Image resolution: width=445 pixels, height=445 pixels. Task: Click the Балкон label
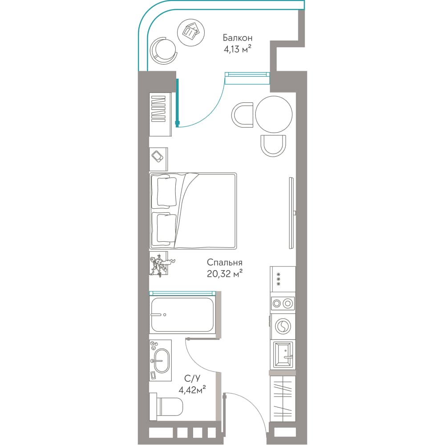(237, 38)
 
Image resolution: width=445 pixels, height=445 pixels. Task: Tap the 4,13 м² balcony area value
(238, 49)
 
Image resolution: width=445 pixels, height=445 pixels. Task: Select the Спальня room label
(224, 263)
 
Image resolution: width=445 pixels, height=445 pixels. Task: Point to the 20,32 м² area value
(224, 274)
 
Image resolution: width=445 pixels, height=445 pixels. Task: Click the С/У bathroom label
(192, 378)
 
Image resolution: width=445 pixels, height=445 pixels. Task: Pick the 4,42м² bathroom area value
(192, 390)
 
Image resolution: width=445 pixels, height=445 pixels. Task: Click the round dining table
(274, 114)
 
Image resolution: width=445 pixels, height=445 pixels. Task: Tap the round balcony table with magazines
(191, 32)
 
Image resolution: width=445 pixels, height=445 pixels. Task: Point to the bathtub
(182, 315)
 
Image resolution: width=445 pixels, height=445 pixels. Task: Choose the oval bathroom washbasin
(162, 361)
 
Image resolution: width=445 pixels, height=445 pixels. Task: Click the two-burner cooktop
(283, 303)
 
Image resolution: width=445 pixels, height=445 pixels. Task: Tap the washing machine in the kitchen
(283, 327)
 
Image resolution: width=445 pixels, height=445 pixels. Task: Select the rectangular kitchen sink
(283, 355)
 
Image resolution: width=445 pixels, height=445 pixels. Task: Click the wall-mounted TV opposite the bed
(291, 213)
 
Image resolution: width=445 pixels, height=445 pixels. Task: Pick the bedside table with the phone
(158, 159)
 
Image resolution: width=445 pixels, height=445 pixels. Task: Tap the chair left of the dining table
(243, 115)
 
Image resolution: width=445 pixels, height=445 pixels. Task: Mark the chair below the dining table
(273, 146)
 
